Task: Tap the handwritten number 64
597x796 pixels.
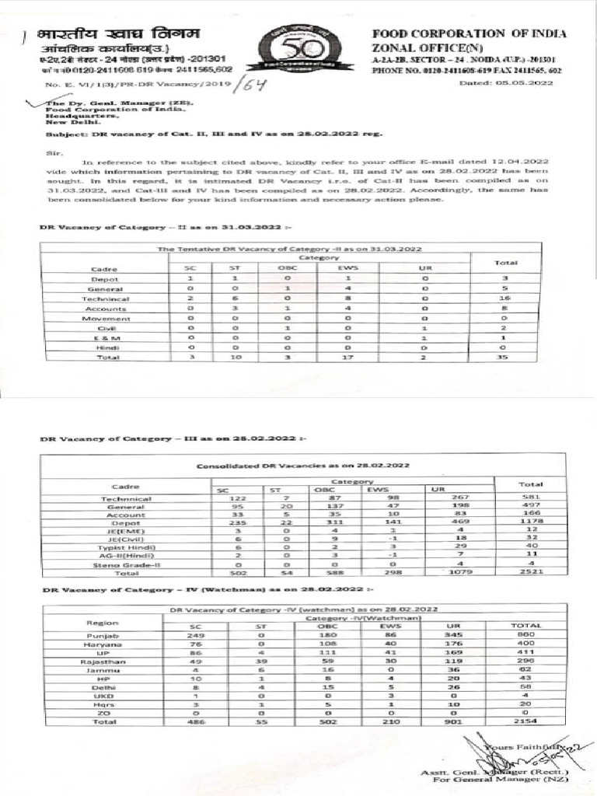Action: coord(250,83)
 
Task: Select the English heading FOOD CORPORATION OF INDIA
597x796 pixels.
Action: coord(469,34)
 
